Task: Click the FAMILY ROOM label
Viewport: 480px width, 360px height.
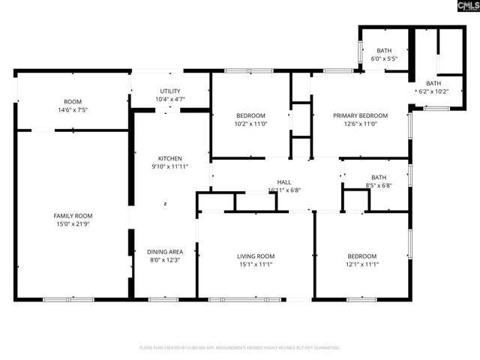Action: (73, 216)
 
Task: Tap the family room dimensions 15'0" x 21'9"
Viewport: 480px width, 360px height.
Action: (73, 224)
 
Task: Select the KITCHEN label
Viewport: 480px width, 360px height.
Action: (169, 158)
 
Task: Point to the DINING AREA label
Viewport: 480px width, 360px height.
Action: (165, 251)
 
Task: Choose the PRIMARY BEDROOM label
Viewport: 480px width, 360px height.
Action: (360, 115)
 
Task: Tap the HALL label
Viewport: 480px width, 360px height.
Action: (284, 182)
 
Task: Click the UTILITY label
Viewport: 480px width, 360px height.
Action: (169, 91)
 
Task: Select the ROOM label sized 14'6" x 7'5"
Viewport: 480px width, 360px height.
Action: (73, 102)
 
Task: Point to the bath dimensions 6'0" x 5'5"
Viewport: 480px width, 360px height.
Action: (384, 58)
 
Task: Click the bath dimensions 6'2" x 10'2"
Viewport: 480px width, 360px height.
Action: (433, 91)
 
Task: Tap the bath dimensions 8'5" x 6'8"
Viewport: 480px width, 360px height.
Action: (378, 185)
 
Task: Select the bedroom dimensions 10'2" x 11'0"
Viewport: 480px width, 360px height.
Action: (251, 124)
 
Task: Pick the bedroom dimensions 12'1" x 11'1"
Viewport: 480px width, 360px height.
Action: (362, 264)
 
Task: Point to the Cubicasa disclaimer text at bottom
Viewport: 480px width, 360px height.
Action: (240, 348)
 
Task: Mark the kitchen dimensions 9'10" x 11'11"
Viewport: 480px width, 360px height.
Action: (169, 166)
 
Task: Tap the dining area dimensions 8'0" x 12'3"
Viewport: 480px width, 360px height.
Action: (165, 259)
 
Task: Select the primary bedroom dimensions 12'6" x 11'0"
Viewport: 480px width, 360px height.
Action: (360, 124)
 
